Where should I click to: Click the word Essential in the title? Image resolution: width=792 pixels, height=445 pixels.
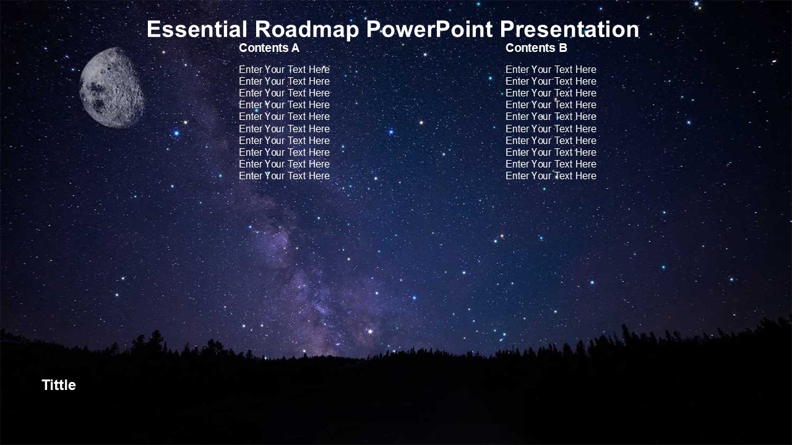pyautogui.click(x=197, y=29)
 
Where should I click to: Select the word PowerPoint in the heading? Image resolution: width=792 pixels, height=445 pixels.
pyautogui.click(x=429, y=29)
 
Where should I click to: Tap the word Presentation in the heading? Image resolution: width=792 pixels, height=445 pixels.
pyautogui.click(x=569, y=29)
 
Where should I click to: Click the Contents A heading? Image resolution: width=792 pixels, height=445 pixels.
pyautogui.click(x=269, y=48)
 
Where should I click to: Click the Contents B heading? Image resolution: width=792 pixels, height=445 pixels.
pyautogui.click(x=536, y=48)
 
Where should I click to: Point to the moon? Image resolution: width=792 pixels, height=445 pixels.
pyautogui.click(x=111, y=88)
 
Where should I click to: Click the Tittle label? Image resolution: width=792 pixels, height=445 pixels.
pyautogui.click(x=59, y=385)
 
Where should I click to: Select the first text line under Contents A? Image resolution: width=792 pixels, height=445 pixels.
pyautogui.click(x=284, y=70)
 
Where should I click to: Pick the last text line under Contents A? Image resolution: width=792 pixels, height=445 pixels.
pyautogui.click(x=284, y=176)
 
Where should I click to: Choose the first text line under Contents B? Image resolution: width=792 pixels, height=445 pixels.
pyautogui.click(x=551, y=70)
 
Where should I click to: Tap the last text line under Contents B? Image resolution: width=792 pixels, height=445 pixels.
pyautogui.click(x=551, y=176)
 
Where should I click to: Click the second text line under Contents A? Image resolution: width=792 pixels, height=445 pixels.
pyautogui.click(x=284, y=81)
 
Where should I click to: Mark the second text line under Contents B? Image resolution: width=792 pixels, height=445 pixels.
pyautogui.click(x=551, y=81)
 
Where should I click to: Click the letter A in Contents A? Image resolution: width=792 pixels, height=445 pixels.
pyautogui.click(x=295, y=48)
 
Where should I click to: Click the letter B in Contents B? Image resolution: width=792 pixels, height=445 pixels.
pyautogui.click(x=563, y=48)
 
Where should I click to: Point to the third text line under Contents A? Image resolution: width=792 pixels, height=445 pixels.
pyautogui.click(x=284, y=93)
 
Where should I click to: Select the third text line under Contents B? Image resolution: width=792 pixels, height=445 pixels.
pyautogui.click(x=551, y=93)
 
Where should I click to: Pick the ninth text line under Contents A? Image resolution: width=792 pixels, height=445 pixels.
pyautogui.click(x=284, y=164)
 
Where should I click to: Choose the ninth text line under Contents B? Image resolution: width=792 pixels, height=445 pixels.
pyautogui.click(x=551, y=164)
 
